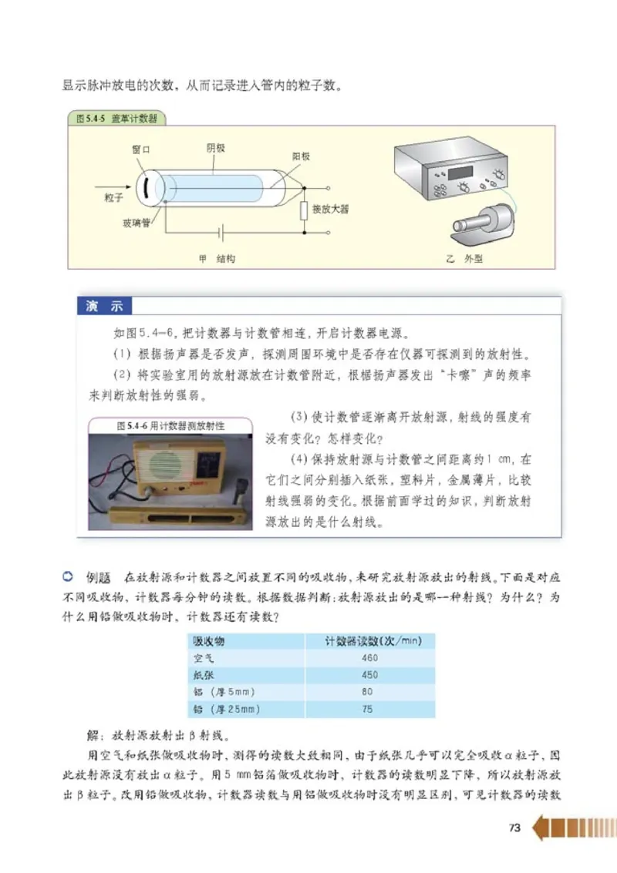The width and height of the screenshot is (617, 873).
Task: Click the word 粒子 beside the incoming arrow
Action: tap(113, 198)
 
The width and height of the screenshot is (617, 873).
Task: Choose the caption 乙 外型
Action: tap(464, 259)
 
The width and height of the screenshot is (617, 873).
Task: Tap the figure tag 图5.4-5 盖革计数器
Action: tap(116, 118)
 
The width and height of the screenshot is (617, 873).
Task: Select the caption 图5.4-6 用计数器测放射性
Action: tap(170, 425)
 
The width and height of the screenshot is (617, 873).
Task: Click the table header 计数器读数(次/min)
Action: tap(369, 641)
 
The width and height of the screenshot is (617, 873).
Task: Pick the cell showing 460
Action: tap(369, 658)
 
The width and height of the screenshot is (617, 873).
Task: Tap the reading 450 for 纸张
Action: tap(369, 675)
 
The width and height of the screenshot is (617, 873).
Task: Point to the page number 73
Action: tap(515, 828)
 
